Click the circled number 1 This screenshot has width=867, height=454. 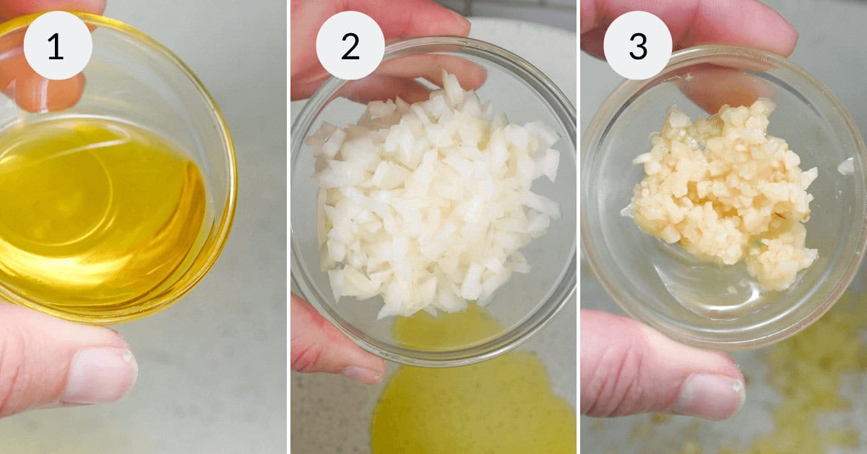point(57,46)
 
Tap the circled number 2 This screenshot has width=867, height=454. point(350,46)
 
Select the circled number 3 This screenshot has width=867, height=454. point(637,46)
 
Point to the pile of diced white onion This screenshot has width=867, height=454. point(433,195)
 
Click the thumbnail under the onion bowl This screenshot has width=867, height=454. point(361,373)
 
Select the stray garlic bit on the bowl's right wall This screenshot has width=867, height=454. point(845,166)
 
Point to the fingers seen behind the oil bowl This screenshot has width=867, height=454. point(43,80)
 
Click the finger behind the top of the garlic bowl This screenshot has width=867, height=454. point(722,80)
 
